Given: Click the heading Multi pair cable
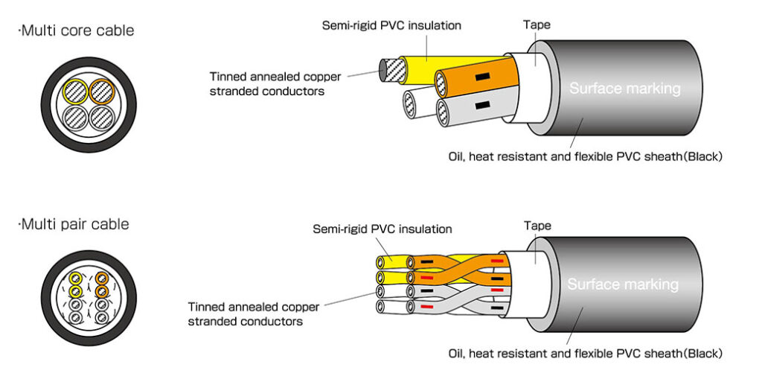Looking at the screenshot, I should coord(75,224).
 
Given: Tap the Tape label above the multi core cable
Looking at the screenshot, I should coord(537,25).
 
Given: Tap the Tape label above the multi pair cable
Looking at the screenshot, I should coord(537,225).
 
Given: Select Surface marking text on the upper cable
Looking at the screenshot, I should coord(624,89).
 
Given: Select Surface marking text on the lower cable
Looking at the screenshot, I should coord(623,284).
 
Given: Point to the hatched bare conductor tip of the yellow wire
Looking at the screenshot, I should coord(391,71).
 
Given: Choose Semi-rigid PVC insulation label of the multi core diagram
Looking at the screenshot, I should coord(391,25).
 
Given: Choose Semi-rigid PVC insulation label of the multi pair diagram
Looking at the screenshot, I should coord(382,229).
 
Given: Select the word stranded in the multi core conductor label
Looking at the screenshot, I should coord(231,92).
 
